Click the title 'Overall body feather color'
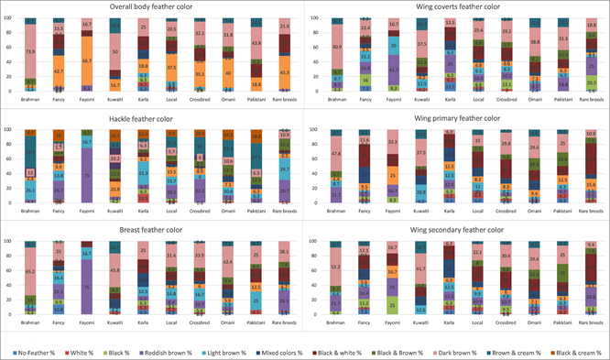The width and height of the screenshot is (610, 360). [150, 6]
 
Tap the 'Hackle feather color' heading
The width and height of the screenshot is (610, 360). [150, 117]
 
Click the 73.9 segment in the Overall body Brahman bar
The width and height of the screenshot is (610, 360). [30, 52]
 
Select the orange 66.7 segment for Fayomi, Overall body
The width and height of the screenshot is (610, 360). [87, 60]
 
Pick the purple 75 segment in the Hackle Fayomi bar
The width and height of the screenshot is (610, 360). [87, 173]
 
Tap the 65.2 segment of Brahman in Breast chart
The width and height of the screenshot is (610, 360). [30, 272]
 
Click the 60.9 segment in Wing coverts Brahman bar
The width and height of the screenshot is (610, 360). [338, 47]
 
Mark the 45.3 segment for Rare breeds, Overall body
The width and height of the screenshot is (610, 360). [283, 72]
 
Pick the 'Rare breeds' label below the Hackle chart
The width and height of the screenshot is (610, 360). [283, 210]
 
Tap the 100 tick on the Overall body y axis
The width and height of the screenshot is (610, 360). [8, 18]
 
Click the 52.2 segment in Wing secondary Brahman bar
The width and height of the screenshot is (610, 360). [338, 267]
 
